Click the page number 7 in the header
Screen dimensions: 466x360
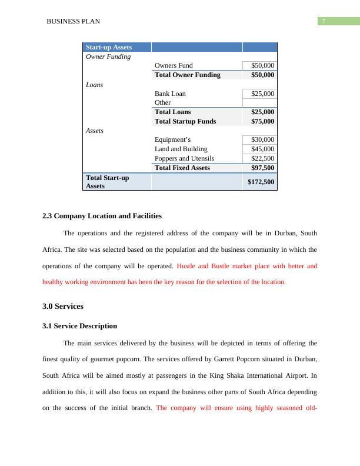tap(324, 21)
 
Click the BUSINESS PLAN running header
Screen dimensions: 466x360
tap(73, 22)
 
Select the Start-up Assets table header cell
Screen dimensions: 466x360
tap(109, 47)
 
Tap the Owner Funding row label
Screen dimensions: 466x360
tap(108, 57)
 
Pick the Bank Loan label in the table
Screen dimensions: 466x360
tap(170, 94)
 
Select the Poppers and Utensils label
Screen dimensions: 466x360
tap(184, 158)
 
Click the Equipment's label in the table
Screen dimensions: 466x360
tap(172, 139)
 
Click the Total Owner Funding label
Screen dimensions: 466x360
tap(187, 75)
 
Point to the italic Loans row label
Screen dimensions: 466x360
tap(94, 85)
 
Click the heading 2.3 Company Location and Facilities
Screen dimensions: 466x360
tap(102, 216)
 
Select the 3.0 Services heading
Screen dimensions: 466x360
tap(63, 307)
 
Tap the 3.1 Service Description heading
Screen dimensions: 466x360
tap(79, 326)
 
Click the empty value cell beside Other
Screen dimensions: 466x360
tap(259, 102)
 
